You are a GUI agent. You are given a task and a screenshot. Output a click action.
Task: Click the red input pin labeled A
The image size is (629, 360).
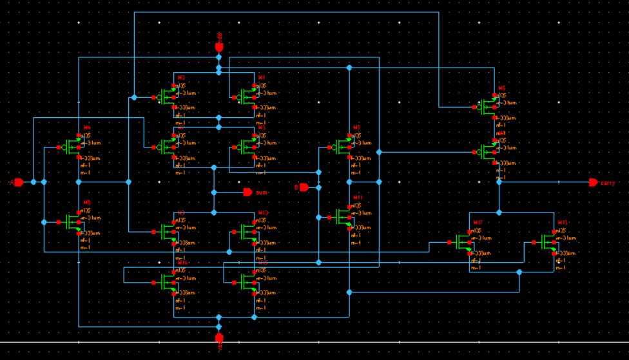point(19,182)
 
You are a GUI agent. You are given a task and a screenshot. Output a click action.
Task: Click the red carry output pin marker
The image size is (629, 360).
point(593,182)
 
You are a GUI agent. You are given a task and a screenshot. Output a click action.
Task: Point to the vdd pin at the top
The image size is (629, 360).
point(218,47)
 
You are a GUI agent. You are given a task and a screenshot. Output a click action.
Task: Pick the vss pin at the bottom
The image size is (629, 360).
point(218,337)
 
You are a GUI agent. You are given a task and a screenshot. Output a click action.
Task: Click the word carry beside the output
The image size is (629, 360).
point(608,183)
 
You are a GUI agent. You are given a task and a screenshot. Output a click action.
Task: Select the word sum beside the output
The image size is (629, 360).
point(262,193)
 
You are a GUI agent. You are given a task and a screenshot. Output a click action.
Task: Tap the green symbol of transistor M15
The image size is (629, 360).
point(247,281)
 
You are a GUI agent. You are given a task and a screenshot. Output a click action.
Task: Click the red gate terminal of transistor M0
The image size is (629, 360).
point(155,97)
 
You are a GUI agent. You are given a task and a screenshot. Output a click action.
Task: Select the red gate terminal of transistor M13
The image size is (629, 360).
point(534,243)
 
